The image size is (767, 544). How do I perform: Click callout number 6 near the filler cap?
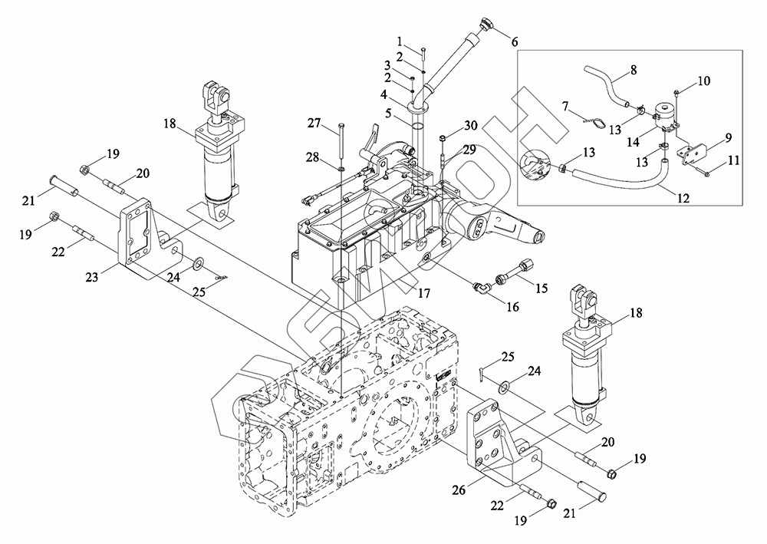coord(514,42)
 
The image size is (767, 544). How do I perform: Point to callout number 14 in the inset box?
coord(634,142)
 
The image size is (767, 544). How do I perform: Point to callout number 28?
coord(313,157)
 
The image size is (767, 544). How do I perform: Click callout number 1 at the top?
coord(400,41)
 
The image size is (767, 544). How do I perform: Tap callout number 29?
coord(469,150)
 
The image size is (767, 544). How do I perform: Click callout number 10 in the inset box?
coord(703,81)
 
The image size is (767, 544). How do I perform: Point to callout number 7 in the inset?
coord(566,106)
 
